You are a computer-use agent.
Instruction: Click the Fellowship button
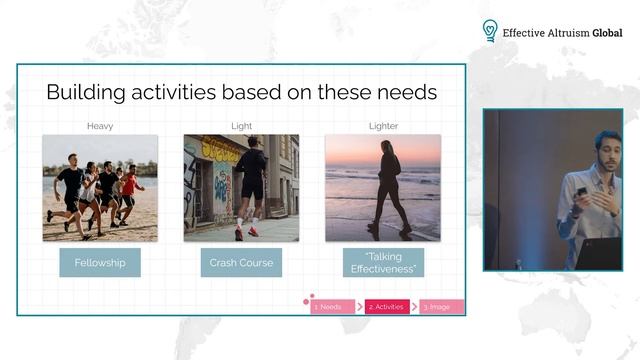point(100,262)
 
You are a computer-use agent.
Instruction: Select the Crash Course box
point(241,262)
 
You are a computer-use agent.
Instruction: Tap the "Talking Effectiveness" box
point(383,262)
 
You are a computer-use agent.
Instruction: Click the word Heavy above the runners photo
point(100,125)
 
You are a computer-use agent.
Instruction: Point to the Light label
point(241,125)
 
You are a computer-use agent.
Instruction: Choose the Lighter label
point(383,125)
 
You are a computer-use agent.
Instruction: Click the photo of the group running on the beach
point(100,188)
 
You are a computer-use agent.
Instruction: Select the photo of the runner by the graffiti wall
point(241,188)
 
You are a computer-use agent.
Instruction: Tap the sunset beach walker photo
point(383,188)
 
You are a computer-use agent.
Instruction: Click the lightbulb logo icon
point(490,31)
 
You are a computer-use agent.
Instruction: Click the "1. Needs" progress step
point(331,307)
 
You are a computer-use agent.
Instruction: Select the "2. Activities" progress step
point(387,307)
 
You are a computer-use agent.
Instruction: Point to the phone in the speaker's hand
point(581,190)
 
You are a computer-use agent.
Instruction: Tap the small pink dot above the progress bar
point(311,296)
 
